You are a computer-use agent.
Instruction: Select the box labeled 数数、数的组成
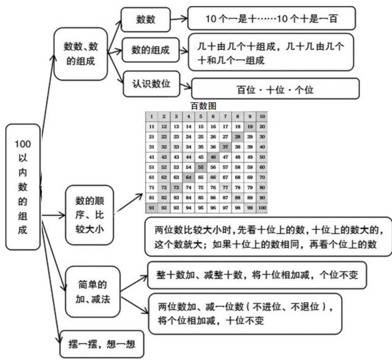(x=80, y=54)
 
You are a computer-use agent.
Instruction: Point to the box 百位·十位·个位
(x=274, y=89)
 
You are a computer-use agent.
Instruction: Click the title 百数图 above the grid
(x=203, y=106)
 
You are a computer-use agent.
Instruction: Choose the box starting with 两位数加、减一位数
(x=246, y=313)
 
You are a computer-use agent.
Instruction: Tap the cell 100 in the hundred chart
(x=262, y=207)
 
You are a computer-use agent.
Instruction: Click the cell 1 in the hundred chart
(x=151, y=117)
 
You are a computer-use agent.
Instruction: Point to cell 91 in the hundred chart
(x=151, y=207)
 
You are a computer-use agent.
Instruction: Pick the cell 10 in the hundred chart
(x=262, y=117)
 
